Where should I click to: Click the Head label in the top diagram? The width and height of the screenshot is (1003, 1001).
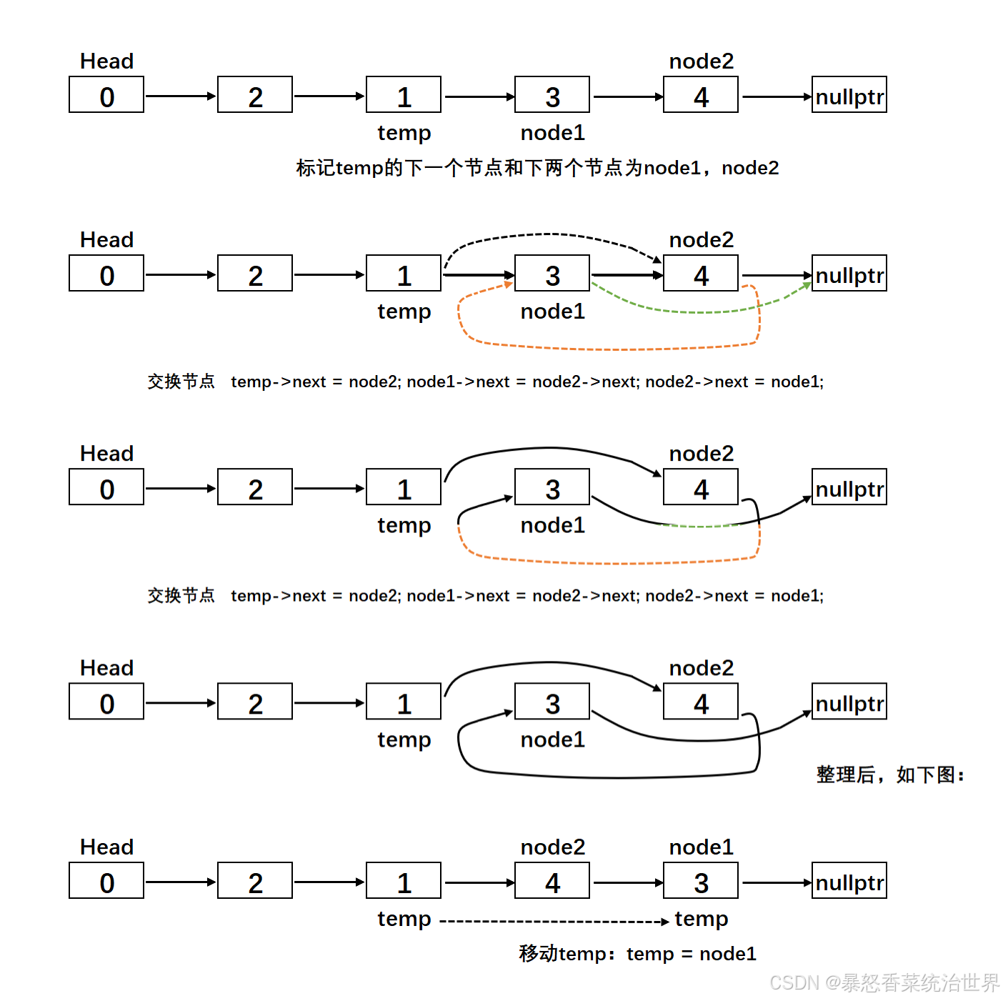pyautogui.click(x=106, y=61)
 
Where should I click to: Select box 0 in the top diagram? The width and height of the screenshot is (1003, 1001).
pyautogui.click(x=106, y=95)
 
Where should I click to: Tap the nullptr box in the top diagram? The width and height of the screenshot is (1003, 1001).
pyautogui.click(x=849, y=95)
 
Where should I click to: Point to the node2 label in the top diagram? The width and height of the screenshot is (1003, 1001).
pyautogui.click(x=701, y=61)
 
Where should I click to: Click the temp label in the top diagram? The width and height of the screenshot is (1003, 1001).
pyautogui.click(x=404, y=133)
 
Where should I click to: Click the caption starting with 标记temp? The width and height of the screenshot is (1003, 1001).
pyautogui.click(x=537, y=168)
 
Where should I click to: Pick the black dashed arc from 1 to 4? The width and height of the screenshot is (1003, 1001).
pyautogui.click(x=550, y=234)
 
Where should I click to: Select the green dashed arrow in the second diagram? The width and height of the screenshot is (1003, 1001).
pyautogui.click(x=700, y=312)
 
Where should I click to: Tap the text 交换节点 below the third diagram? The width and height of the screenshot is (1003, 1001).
pyautogui.click(x=181, y=595)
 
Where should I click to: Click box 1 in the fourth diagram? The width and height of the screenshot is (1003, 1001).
pyautogui.click(x=404, y=702)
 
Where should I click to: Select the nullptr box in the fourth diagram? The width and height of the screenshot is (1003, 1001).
pyautogui.click(x=849, y=702)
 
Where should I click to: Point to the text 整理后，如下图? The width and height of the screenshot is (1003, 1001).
pyautogui.click(x=890, y=775)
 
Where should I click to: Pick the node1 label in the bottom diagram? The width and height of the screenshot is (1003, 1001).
pyautogui.click(x=701, y=847)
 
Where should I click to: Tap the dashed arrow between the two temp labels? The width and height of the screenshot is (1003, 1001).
pyautogui.click(x=554, y=922)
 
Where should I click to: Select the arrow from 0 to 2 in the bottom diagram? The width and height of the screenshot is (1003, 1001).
pyautogui.click(x=180, y=882)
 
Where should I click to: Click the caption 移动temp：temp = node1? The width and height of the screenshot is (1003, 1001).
pyautogui.click(x=637, y=954)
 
